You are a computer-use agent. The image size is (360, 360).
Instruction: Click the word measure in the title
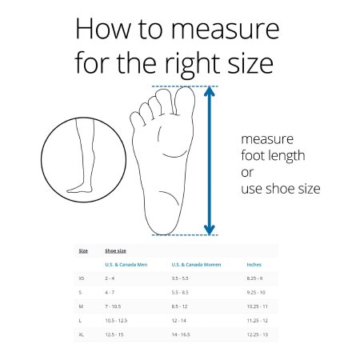click(225, 29)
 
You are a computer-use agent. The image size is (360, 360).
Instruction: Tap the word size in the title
click(250, 63)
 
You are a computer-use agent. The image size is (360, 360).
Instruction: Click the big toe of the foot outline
click(185, 101)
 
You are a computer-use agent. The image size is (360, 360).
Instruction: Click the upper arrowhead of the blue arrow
click(210, 91)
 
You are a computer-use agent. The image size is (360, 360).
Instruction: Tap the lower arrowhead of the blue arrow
click(210, 230)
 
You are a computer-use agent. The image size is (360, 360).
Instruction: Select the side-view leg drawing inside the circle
click(82, 155)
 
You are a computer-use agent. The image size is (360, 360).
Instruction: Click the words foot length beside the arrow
click(273, 156)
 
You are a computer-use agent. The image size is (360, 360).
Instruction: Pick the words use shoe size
click(281, 189)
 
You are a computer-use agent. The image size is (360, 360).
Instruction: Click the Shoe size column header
click(115, 251)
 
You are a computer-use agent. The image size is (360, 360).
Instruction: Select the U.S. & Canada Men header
click(126, 265)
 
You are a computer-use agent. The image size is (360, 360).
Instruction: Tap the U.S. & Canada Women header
click(196, 265)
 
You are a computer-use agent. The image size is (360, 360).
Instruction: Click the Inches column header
click(254, 265)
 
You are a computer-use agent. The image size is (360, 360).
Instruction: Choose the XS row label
click(82, 278)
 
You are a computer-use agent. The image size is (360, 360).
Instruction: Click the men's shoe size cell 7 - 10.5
click(113, 306)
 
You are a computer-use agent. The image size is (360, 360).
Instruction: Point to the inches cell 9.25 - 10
click(256, 293)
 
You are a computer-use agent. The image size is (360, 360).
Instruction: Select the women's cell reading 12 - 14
click(179, 321)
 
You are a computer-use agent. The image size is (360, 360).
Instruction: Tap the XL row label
click(82, 334)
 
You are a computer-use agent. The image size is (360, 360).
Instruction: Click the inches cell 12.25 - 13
click(257, 334)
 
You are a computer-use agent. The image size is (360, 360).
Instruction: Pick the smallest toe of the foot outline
click(137, 119)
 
